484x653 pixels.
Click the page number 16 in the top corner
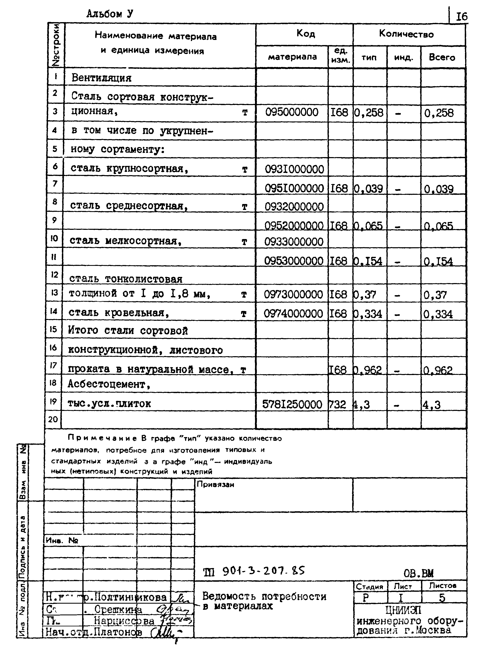(461, 17)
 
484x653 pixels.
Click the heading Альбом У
(110, 14)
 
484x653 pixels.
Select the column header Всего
(442, 57)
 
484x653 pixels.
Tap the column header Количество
(406, 34)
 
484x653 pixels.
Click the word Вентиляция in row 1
(101, 78)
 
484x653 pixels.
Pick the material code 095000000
(291, 112)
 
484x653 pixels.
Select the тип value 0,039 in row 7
(368, 189)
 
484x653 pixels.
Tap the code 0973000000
(293, 294)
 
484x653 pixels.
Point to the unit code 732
(338, 405)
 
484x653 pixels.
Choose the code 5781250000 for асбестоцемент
(292, 405)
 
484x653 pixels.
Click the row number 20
(53, 419)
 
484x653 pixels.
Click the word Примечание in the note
(102, 438)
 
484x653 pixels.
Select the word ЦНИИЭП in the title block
(404, 610)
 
